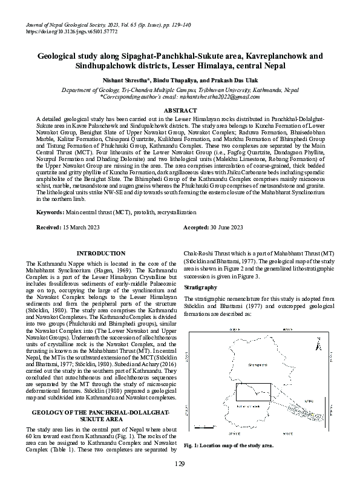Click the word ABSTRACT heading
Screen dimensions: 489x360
180,111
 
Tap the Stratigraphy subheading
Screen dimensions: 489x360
200,286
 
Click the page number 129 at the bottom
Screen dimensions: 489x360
180,464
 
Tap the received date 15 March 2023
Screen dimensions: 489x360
79,227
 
